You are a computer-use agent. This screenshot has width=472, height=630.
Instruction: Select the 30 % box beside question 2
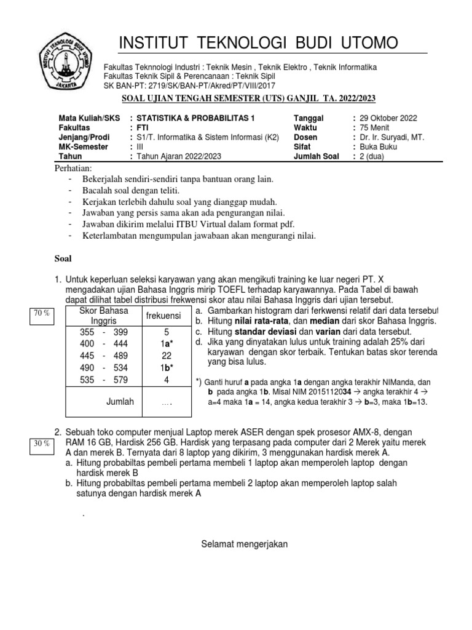41,444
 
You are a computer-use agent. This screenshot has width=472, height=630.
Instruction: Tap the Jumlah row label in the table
120,402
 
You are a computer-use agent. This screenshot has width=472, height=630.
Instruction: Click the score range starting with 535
103,380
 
